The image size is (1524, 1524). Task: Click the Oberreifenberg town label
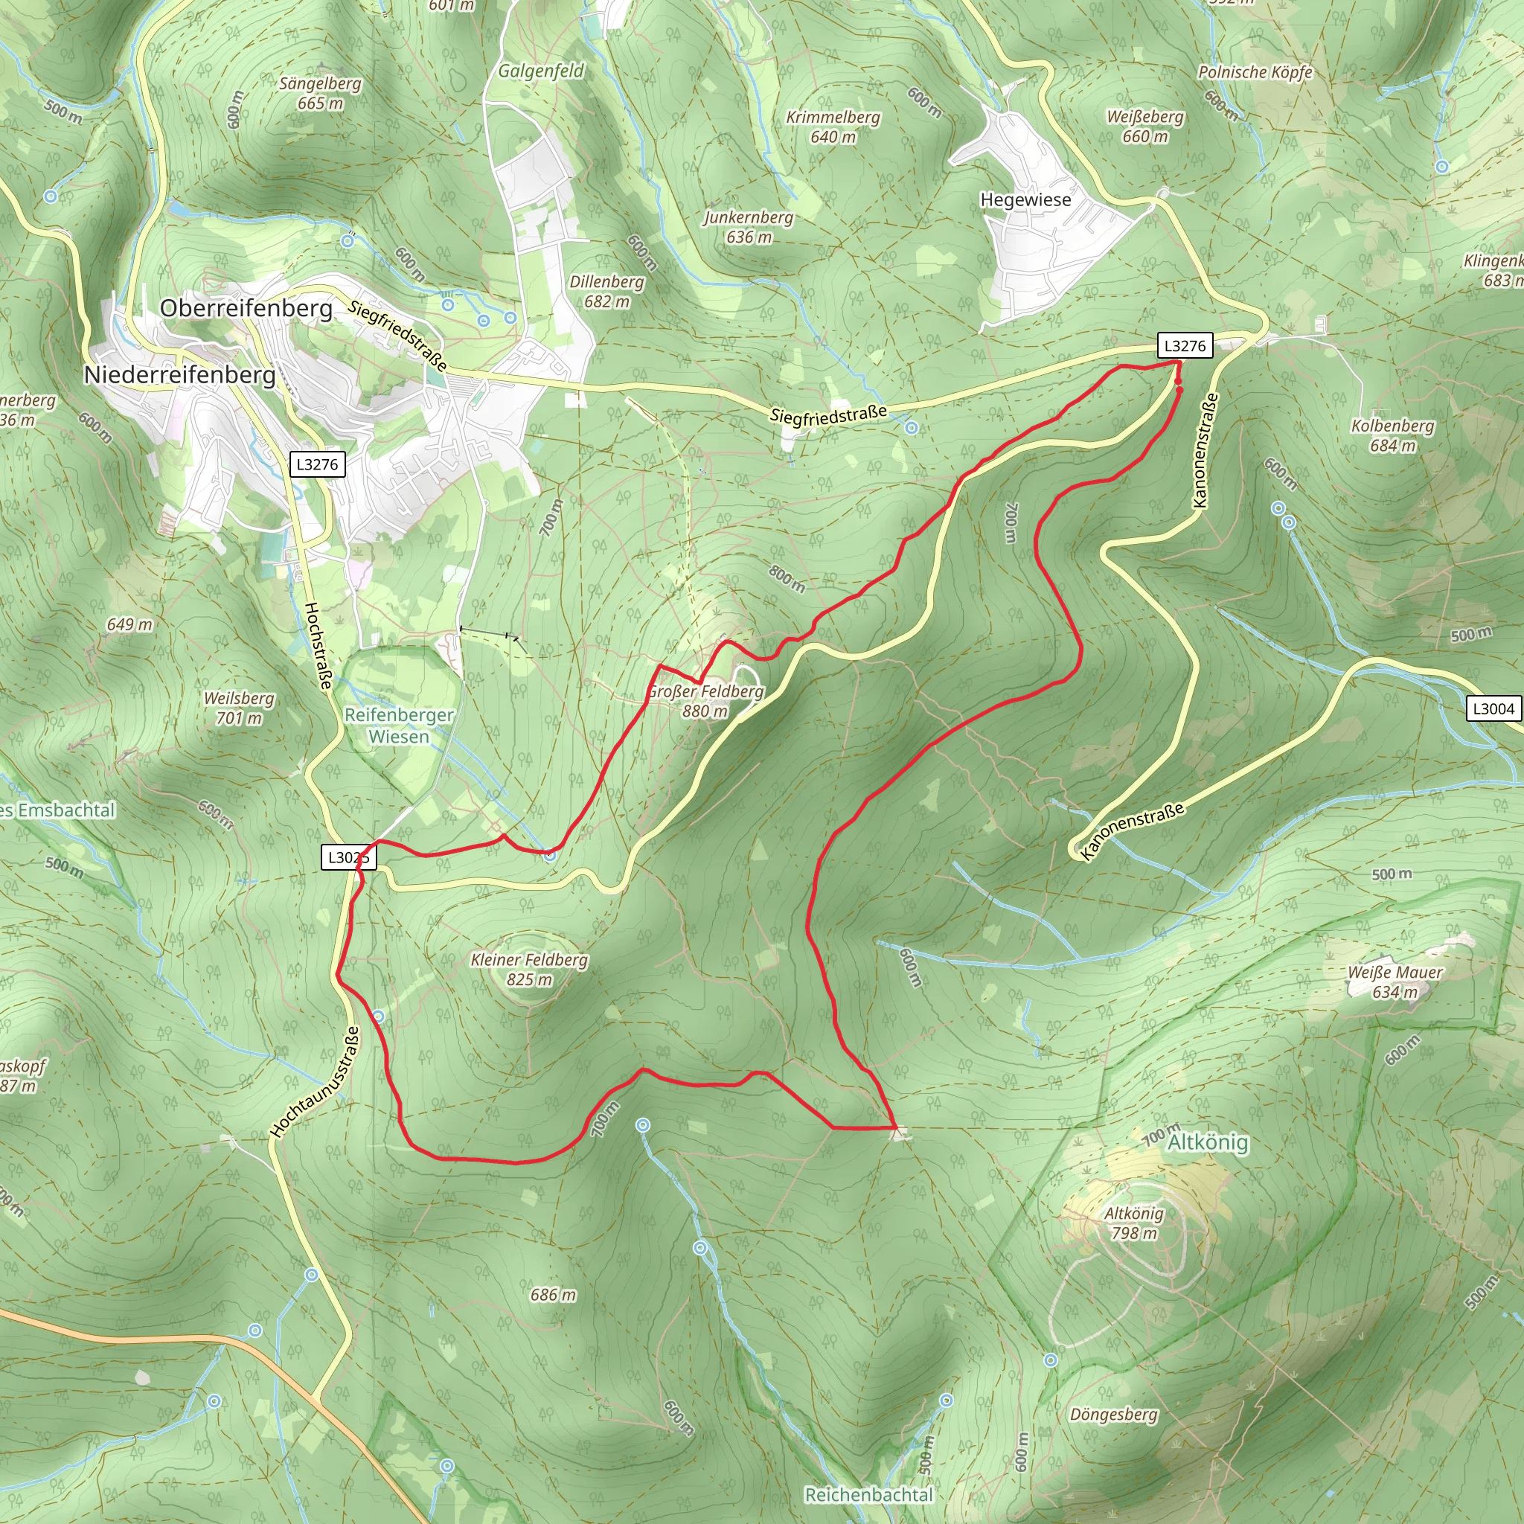[246, 307]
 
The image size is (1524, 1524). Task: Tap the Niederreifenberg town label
[180, 375]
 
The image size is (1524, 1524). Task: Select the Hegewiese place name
[1025, 199]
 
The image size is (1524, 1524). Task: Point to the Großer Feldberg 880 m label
[705, 701]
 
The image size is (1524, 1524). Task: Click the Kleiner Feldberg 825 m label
[529, 970]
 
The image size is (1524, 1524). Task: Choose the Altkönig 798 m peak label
[1133, 1223]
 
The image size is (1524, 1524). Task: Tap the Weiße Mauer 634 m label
[1395, 982]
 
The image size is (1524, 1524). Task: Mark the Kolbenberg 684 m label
[1392, 435]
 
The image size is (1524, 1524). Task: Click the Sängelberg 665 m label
[320, 93]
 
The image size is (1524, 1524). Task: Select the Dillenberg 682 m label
[606, 291]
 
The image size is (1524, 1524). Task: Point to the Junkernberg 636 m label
[749, 226]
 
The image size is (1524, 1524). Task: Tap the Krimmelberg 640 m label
[833, 127]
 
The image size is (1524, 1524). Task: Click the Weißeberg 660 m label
[1145, 127]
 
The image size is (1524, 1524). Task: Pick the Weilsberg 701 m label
[239, 708]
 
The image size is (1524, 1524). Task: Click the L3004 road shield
[1493, 708]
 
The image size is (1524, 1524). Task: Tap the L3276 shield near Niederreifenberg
[317, 464]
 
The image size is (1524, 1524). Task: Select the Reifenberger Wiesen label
[399, 725]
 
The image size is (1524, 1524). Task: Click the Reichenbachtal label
[868, 1495]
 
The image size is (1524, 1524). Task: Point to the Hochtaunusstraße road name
[316, 1081]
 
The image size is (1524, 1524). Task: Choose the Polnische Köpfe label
[1255, 73]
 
